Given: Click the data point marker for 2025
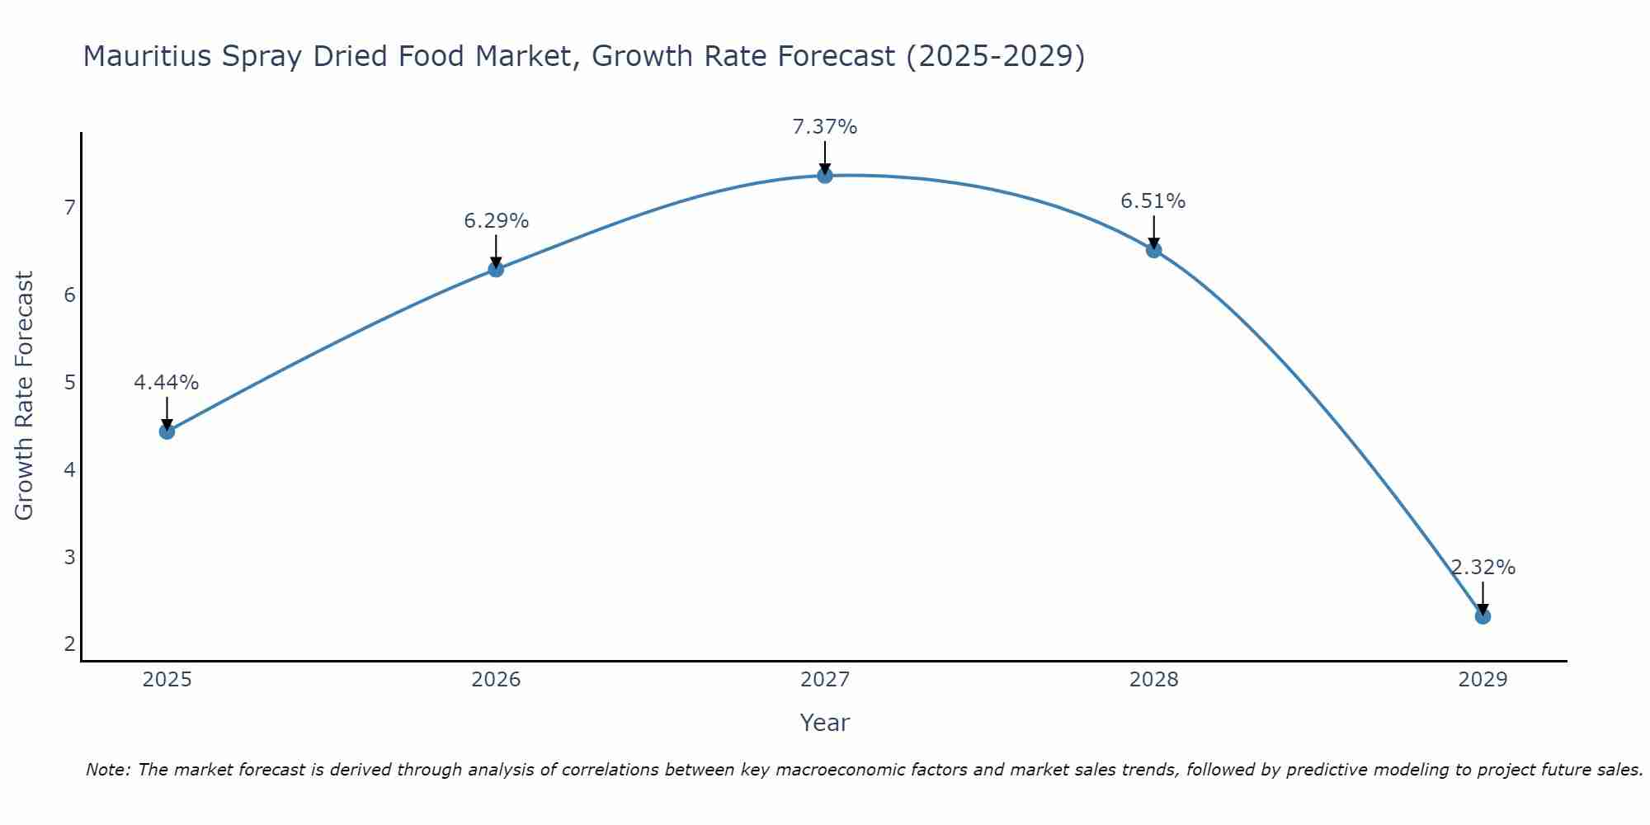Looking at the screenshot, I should (x=167, y=431).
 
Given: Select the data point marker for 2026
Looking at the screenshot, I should (x=496, y=269).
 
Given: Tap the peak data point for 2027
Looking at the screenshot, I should (x=825, y=175).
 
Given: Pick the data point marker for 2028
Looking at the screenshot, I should (x=1154, y=250).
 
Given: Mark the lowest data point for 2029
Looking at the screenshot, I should (x=1483, y=616).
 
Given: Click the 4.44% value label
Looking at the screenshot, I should (x=167, y=383).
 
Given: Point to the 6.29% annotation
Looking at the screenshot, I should (x=496, y=221).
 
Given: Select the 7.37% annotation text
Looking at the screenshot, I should (x=825, y=127).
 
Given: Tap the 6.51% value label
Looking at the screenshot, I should (x=1153, y=201).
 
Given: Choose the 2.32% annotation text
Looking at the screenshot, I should (x=1483, y=568).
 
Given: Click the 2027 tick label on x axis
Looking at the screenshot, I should (x=825, y=680).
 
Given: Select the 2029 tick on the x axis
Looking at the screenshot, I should (x=1483, y=680).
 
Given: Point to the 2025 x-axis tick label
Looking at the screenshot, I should (x=167, y=680).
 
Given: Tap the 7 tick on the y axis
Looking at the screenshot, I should (x=69, y=207).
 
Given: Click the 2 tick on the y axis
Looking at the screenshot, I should (x=69, y=644).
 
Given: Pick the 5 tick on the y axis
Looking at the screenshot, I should (x=69, y=382).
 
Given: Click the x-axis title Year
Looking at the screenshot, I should (x=825, y=723).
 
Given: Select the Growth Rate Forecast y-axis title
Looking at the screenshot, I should (x=25, y=396).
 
